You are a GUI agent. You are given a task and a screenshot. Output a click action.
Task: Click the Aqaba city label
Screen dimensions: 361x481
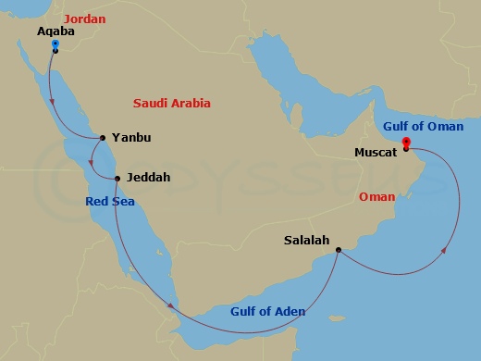coord(54,31)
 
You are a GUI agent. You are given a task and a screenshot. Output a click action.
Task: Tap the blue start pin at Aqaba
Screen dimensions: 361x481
coord(55,44)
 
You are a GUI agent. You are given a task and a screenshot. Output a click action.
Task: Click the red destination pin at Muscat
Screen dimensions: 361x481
coord(406,143)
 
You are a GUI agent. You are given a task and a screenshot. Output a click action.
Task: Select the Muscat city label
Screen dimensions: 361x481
coord(376,151)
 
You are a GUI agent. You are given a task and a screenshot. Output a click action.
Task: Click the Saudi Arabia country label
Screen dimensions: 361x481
coord(172,103)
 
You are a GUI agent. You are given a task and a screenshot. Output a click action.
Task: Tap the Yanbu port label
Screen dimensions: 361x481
coord(130,138)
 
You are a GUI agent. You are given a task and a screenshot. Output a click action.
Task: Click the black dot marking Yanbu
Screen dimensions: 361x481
coord(102,138)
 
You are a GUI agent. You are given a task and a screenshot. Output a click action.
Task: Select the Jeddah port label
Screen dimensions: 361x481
coord(149,177)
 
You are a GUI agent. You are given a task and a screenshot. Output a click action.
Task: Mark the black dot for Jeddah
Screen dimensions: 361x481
coord(117,178)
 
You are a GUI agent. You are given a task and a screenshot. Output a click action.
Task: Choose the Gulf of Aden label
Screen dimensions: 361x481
coord(267,311)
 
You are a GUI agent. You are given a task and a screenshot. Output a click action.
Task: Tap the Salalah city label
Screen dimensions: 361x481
coord(306,241)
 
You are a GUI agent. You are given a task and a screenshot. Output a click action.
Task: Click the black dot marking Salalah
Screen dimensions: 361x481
coord(339,249)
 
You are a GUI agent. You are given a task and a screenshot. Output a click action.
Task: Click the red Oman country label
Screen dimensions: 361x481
coord(376,196)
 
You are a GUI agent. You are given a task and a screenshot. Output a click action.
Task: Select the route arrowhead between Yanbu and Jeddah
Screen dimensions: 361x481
coord(94,164)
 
